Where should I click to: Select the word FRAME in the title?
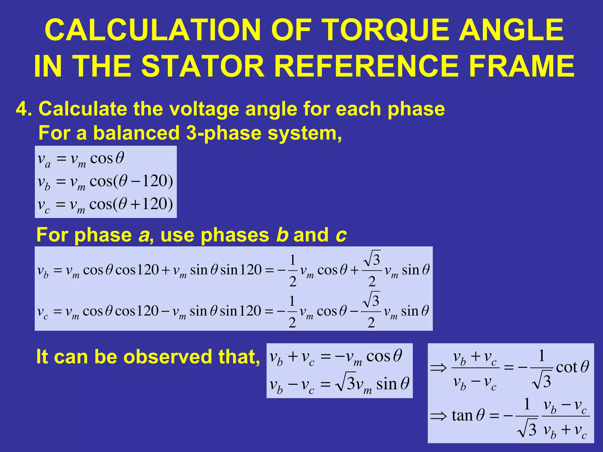pos(521,67)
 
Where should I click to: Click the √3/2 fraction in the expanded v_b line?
pos(372,269)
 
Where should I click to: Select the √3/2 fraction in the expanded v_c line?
pos(371,310)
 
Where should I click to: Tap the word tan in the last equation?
pos(462,415)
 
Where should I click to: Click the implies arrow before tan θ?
pos(438,416)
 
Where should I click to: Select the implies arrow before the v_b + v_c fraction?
pos(438,368)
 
